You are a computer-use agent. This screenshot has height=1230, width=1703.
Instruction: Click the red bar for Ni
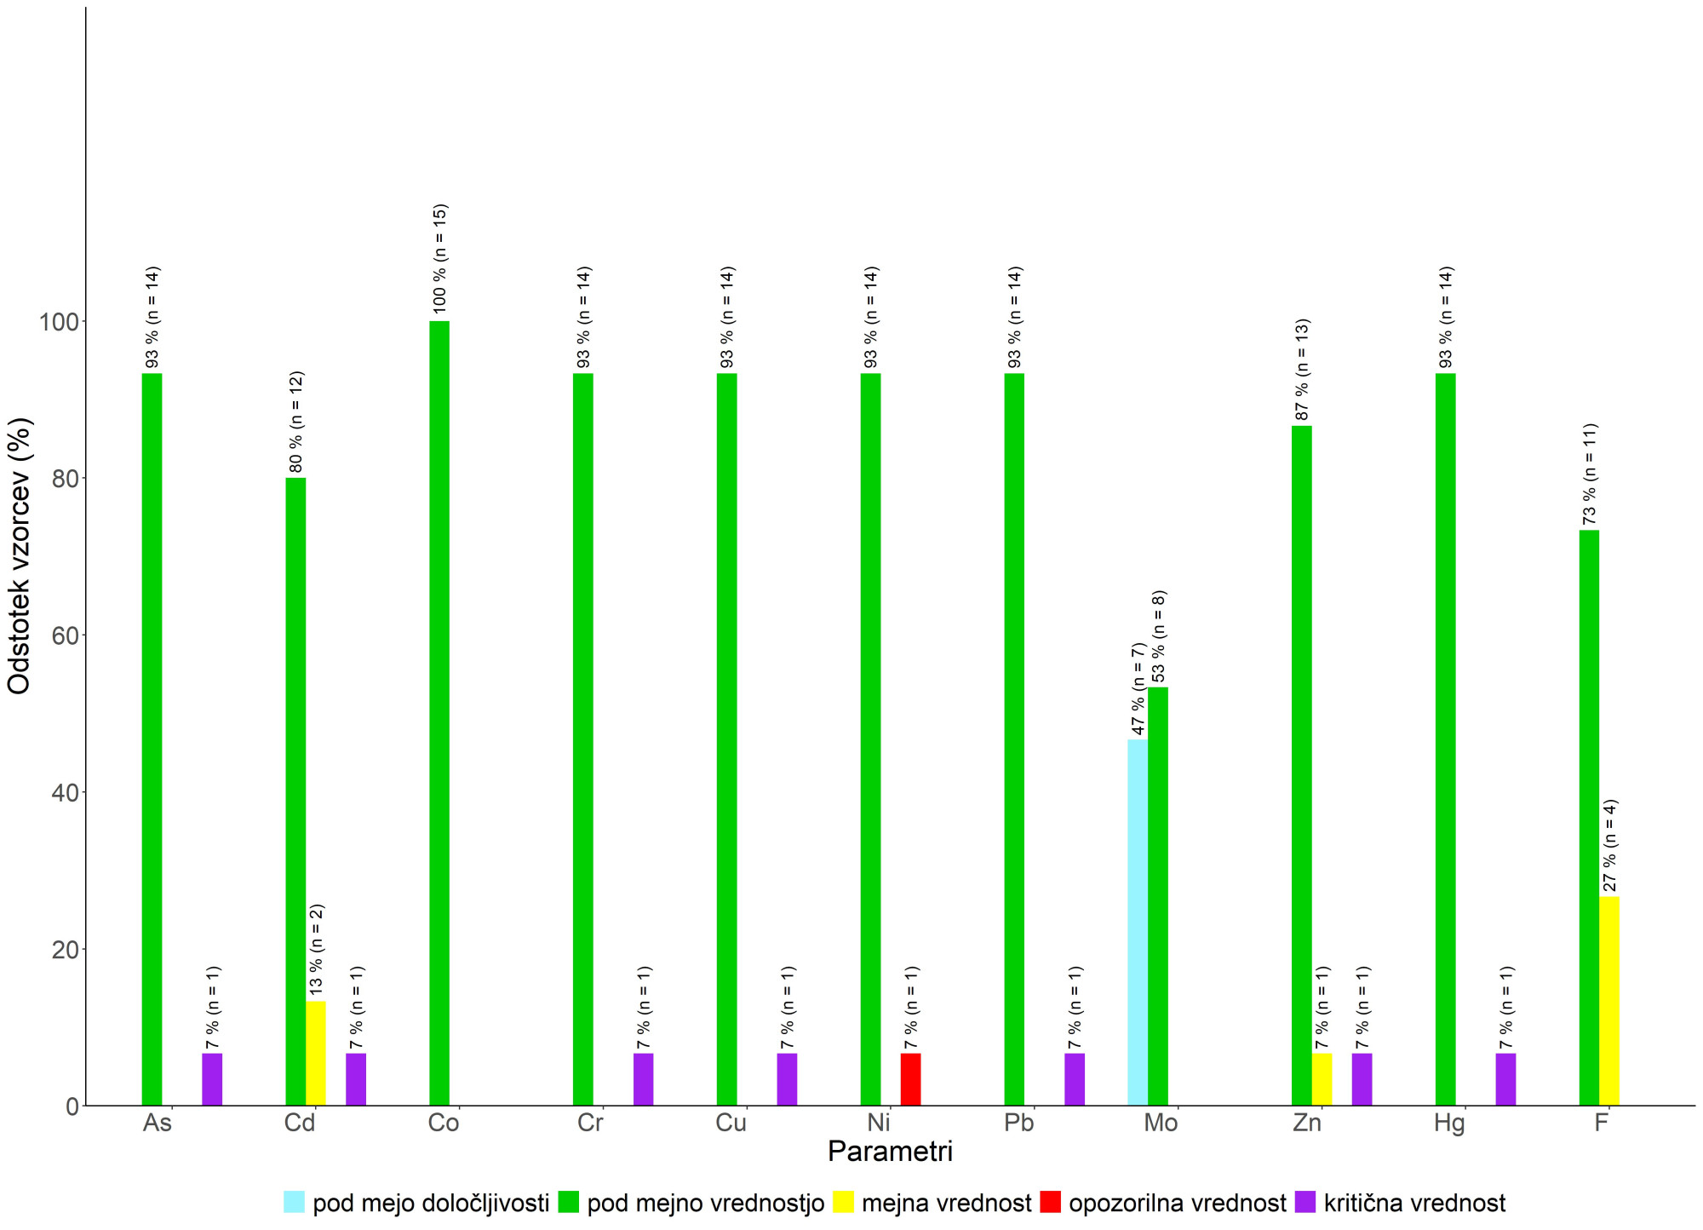(910, 1079)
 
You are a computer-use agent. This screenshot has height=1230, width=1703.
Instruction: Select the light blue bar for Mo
(1138, 922)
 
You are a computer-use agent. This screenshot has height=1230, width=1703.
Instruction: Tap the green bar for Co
(439, 714)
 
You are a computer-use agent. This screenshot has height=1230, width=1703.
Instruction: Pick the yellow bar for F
(1609, 1001)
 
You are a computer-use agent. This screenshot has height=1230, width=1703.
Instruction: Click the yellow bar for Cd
(316, 1054)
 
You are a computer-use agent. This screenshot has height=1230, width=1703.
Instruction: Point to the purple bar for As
(212, 1079)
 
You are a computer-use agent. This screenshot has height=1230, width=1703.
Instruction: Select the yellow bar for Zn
(1322, 1079)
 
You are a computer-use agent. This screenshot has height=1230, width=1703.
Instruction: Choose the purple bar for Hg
(1505, 1079)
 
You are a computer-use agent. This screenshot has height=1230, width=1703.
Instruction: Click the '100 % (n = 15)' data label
(439, 259)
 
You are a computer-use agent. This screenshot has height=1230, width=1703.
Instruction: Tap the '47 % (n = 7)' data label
(1138, 689)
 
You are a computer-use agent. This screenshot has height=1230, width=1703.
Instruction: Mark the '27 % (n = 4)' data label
(1610, 846)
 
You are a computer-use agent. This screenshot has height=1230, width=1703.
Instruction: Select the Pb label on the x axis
(1018, 1123)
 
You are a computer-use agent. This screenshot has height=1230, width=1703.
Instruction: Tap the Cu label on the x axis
(731, 1123)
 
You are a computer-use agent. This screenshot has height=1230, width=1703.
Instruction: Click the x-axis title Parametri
(890, 1152)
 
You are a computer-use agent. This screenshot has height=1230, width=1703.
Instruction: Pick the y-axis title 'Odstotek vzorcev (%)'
(19, 555)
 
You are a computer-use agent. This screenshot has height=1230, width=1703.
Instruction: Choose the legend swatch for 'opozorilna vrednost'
(1051, 1202)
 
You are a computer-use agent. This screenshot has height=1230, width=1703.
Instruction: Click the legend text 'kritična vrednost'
(1414, 1203)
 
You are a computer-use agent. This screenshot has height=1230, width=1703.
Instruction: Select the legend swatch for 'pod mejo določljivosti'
(294, 1202)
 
